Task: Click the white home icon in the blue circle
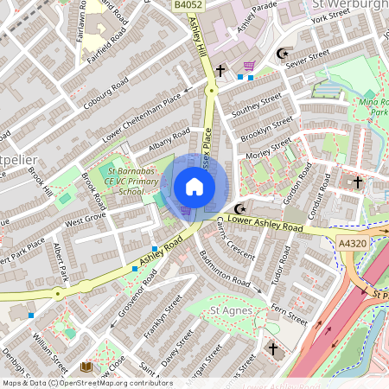coord(194,186)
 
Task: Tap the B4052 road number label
coord(188,5)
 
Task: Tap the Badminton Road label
coord(224,271)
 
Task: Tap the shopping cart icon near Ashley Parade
coord(249,65)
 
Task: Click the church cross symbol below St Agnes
coord(273,349)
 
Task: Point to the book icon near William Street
coord(86,367)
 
